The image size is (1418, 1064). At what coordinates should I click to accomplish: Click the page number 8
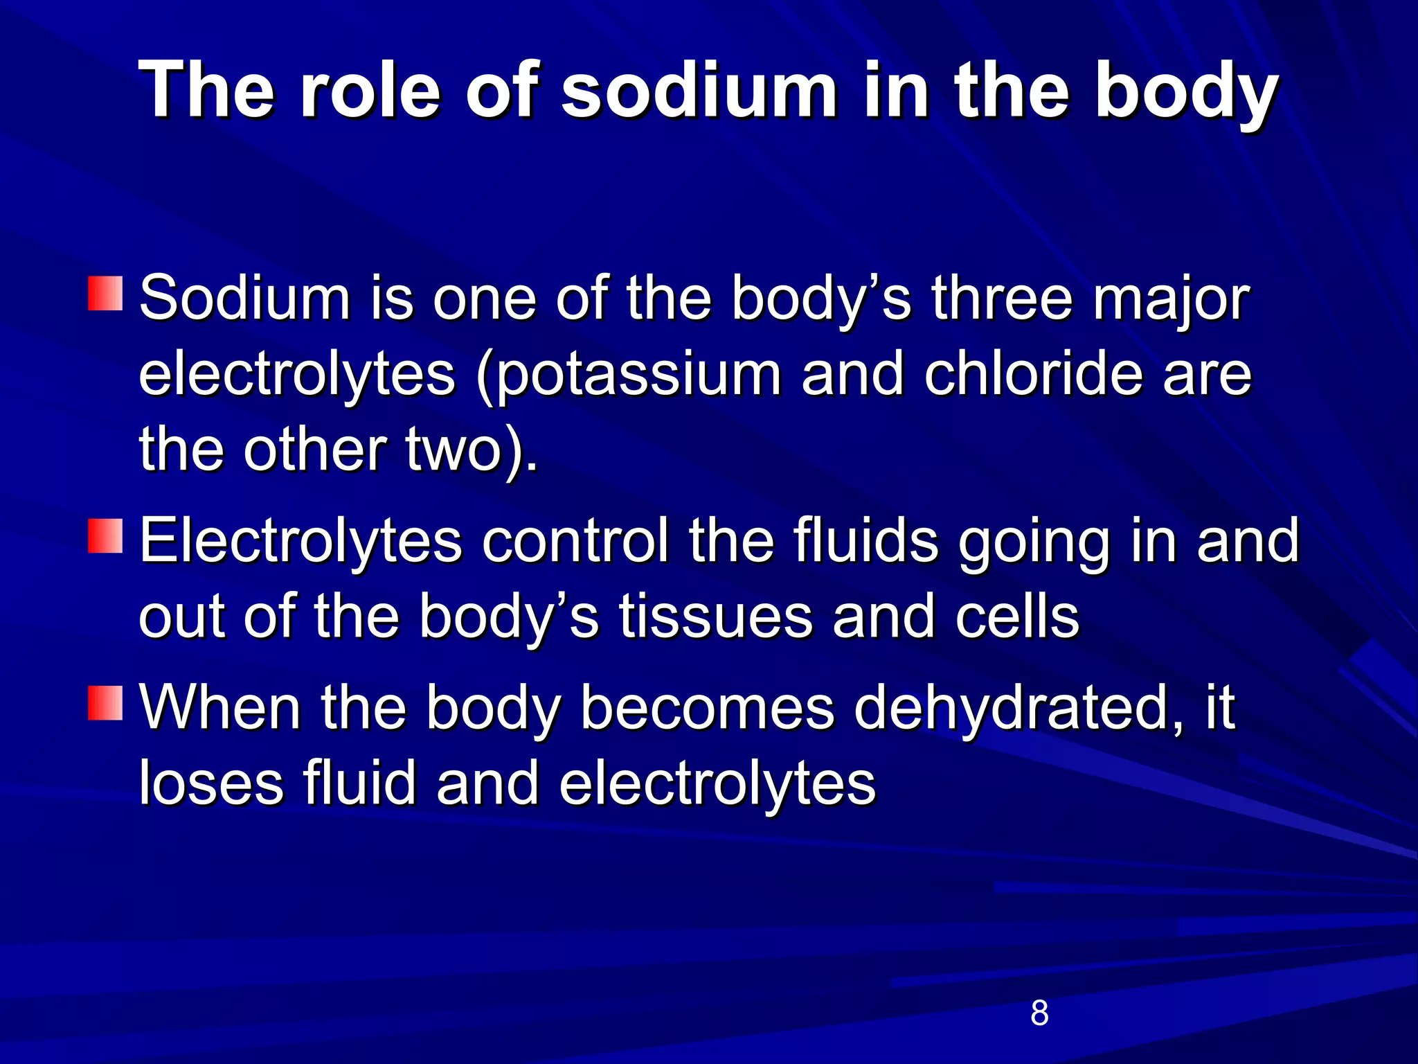[1039, 1013]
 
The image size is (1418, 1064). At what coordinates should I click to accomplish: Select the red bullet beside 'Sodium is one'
[105, 294]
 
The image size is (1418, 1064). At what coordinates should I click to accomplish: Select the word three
[1001, 299]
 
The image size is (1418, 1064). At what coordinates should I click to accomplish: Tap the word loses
[210, 783]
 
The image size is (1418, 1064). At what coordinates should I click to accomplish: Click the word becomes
[707, 708]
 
